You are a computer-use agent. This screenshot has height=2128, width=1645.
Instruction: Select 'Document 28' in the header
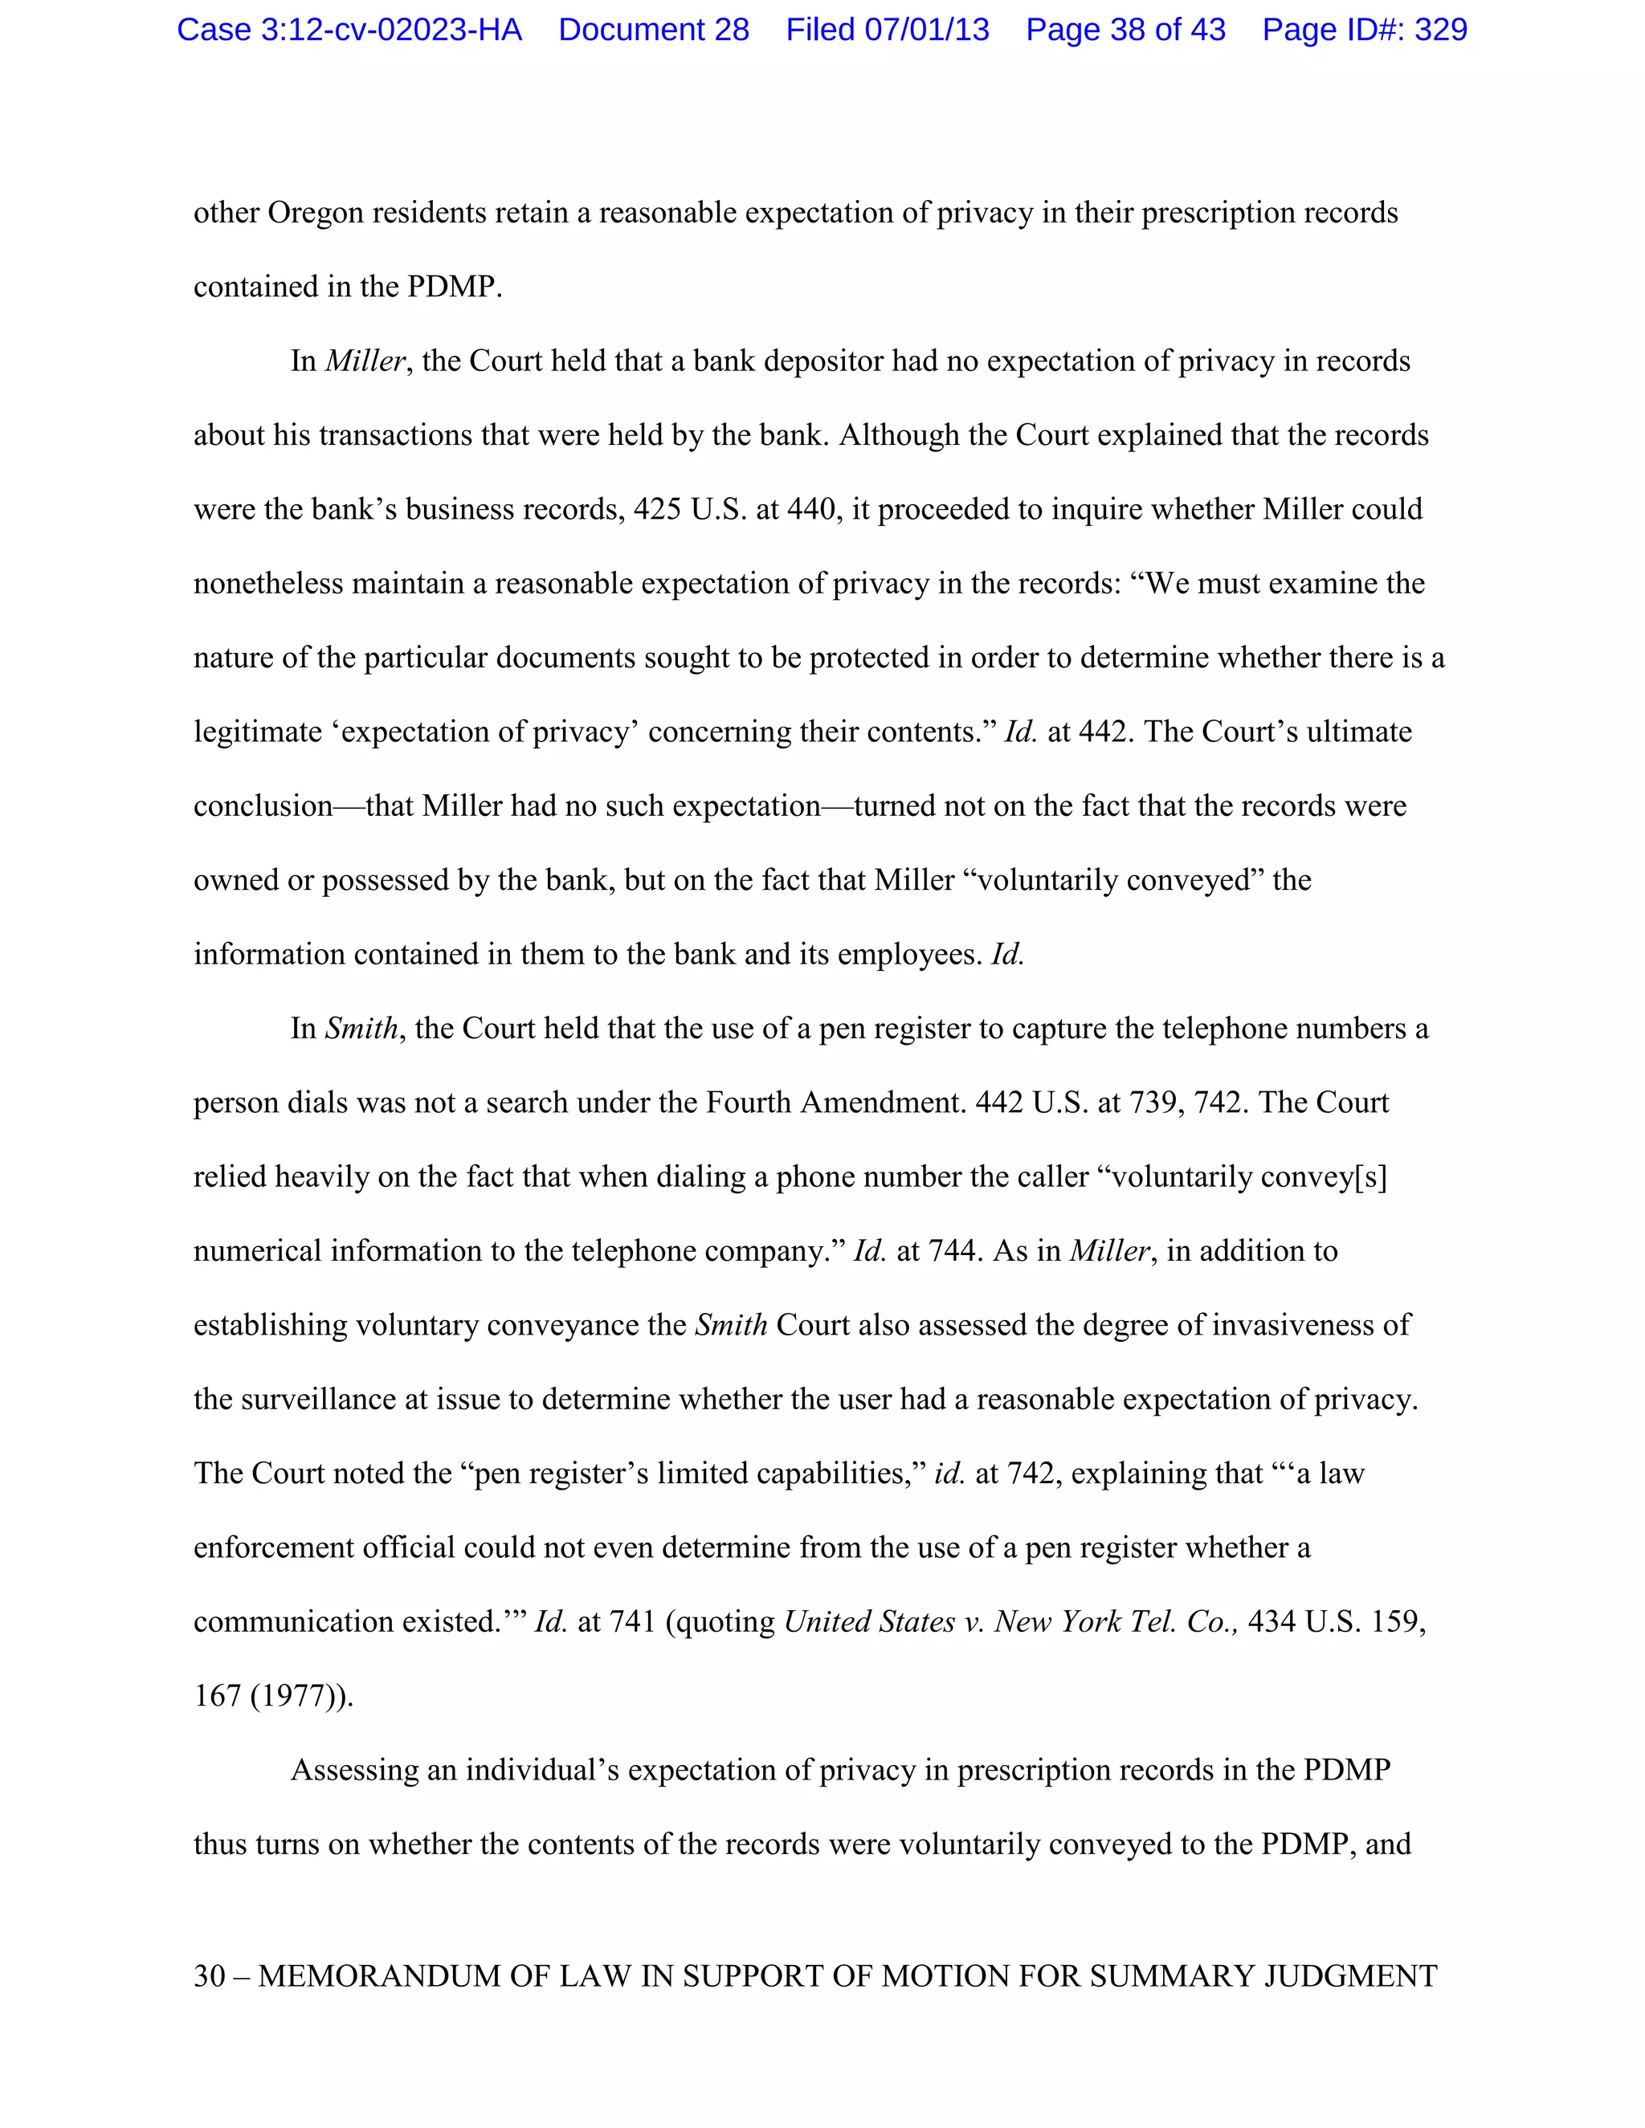(x=653, y=31)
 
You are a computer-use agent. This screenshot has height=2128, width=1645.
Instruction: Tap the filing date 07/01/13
(x=927, y=31)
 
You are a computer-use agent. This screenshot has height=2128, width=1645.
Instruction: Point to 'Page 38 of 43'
(x=1125, y=31)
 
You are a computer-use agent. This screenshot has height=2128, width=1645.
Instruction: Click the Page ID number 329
(x=1440, y=31)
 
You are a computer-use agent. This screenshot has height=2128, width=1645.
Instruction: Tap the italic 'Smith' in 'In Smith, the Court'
(x=361, y=1029)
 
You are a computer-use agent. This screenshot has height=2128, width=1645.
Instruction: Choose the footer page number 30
(x=210, y=1976)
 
